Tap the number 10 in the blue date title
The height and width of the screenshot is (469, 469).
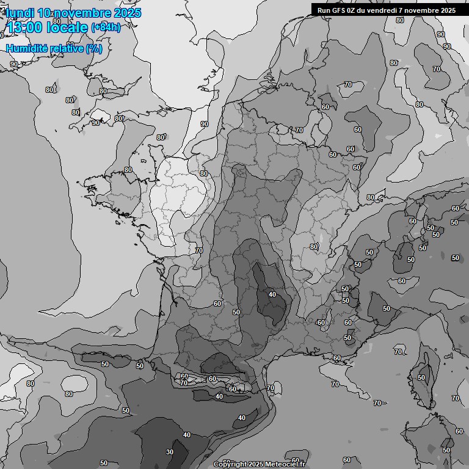(x=44, y=13)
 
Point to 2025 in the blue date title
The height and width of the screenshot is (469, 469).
(x=127, y=13)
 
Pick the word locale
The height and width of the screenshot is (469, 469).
(x=67, y=27)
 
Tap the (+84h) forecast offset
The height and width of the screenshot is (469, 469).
(x=105, y=27)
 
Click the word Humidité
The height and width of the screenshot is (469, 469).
(x=26, y=48)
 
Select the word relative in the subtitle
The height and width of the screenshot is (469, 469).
(x=66, y=48)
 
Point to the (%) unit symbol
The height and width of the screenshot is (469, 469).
(x=94, y=48)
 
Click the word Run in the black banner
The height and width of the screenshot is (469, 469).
(x=324, y=10)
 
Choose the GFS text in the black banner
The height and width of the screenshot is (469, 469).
(x=340, y=10)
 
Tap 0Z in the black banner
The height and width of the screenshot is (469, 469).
(x=354, y=10)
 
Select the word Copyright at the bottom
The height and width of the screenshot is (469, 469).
(x=232, y=465)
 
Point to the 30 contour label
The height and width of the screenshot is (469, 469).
(x=170, y=452)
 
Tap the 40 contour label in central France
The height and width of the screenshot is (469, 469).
(x=272, y=294)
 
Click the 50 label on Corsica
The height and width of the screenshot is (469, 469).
(x=421, y=377)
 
